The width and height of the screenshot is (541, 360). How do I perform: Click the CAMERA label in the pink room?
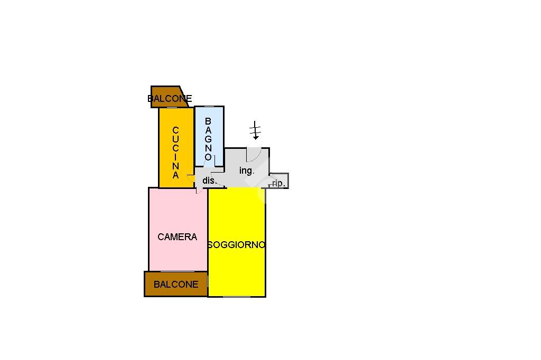click(177, 237)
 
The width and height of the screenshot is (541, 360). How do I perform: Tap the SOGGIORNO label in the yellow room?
click(236, 245)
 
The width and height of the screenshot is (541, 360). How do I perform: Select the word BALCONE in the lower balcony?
click(176, 284)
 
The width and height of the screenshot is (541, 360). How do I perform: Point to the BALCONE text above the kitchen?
click(170, 99)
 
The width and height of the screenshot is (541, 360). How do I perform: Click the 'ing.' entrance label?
click(247, 170)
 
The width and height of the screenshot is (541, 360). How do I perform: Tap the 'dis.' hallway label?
click(209, 181)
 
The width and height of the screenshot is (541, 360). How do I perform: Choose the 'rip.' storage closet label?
click(278, 183)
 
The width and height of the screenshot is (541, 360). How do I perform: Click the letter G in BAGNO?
click(208, 139)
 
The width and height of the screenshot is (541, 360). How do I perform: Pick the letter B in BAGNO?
click(208, 121)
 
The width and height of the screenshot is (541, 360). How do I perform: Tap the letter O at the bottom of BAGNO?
click(208, 157)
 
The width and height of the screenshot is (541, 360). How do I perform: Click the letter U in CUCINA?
click(176, 139)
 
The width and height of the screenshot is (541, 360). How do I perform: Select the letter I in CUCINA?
click(176, 157)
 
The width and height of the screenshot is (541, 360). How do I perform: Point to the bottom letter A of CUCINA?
click(176, 175)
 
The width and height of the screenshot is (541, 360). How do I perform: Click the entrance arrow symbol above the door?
click(256, 130)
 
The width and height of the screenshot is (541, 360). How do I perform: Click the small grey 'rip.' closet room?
click(279, 181)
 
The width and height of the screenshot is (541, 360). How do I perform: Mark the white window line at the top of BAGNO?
click(209, 107)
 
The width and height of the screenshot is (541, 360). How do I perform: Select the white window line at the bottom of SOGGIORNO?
click(236, 297)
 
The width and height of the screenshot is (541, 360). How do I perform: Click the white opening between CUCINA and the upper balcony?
click(176, 108)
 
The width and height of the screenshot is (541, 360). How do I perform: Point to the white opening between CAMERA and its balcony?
click(177, 272)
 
